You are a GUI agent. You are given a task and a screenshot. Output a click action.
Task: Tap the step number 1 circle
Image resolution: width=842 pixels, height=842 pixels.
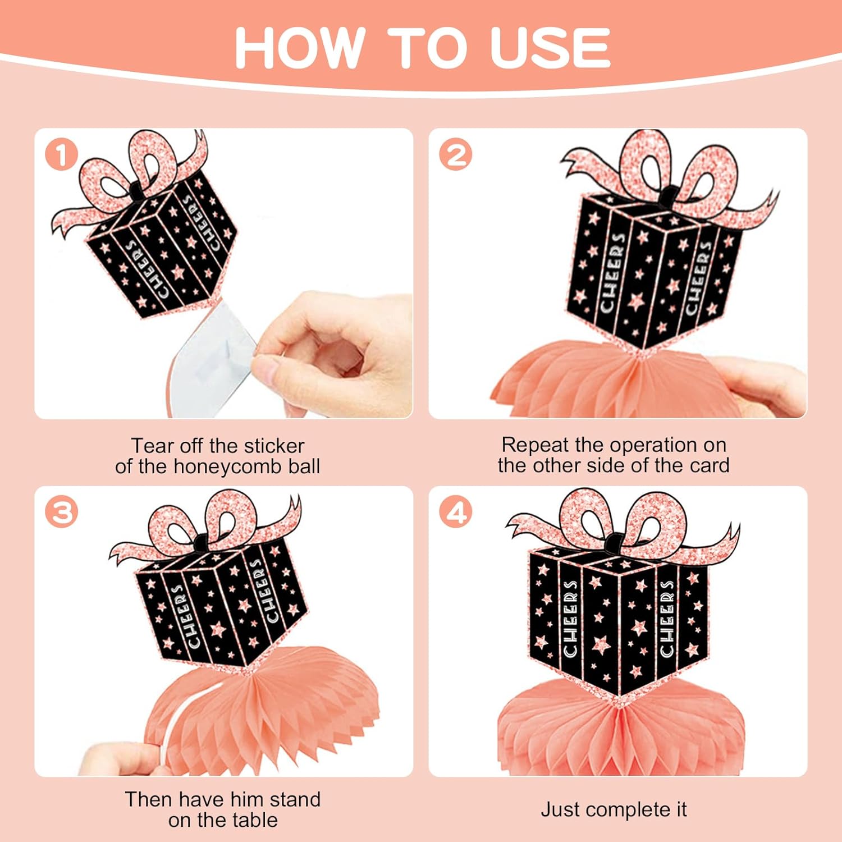[62, 155]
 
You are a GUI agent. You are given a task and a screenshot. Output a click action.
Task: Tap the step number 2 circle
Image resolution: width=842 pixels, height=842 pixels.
[456, 155]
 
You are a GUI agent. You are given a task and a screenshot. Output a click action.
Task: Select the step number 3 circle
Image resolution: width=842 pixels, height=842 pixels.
[62, 512]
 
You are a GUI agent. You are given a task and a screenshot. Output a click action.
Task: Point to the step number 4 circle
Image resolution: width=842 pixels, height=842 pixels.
[456, 512]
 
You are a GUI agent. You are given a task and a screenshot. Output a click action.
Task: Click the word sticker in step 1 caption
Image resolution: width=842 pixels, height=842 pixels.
[274, 446]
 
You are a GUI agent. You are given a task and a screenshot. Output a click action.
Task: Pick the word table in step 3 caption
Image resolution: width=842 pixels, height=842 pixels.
[252, 820]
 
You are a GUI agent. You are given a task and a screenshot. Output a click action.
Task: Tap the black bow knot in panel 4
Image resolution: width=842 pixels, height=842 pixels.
[614, 542]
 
